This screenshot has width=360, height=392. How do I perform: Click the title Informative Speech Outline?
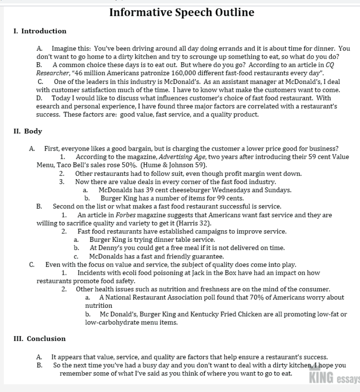pos(181,13)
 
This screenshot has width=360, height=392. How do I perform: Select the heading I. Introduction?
pos(40,31)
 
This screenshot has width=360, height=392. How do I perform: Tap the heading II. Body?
pos(28,131)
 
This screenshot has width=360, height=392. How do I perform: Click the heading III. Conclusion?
pos(40,339)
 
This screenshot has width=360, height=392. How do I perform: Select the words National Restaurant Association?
pos(152,297)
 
